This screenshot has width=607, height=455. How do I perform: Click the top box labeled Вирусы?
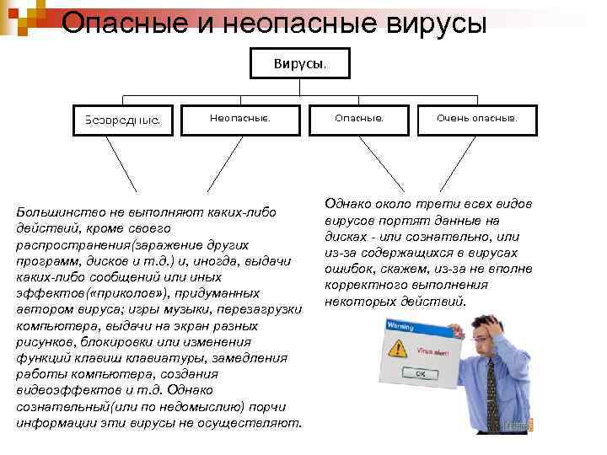pyautogui.click(x=299, y=63)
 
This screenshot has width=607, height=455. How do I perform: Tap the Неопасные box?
pyautogui.click(x=240, y=119)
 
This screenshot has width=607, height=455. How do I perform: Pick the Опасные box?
pyautogui.click(x=358, y=119)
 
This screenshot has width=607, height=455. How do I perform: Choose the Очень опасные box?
pyautogui.click(x=476, y=119)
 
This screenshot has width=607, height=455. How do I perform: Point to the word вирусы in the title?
pyautogui.click(x=421, y=24)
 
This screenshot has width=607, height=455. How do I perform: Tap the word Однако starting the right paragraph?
pyautogui.click(x=346, y=204)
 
